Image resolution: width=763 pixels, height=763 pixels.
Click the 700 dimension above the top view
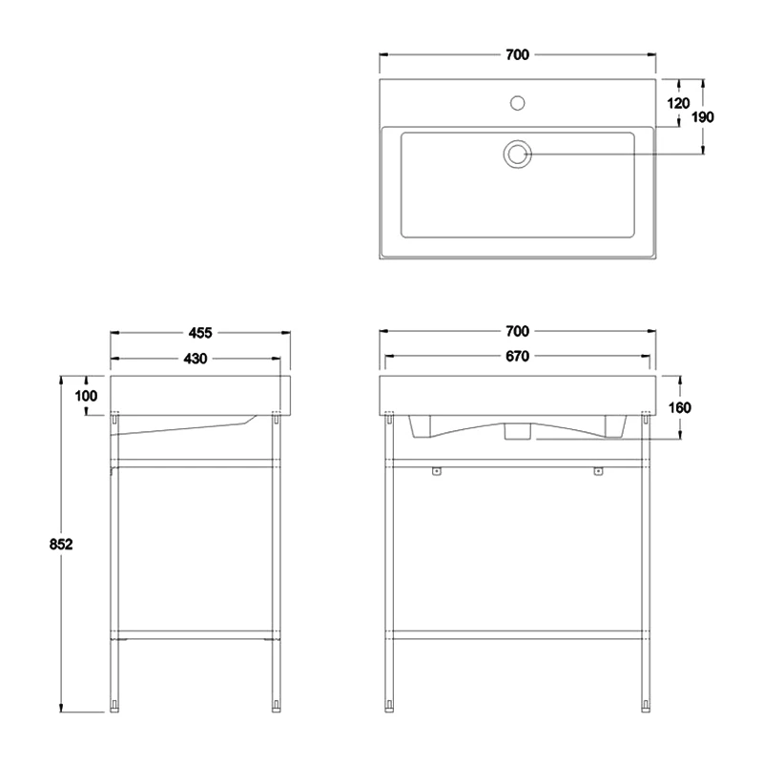(517, 55)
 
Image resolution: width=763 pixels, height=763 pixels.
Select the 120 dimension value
(678, 103)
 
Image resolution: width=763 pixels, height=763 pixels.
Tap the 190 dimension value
(703, 117)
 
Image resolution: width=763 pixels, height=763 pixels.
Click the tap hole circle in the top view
(517, 103)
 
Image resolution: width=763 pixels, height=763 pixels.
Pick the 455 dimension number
(200, 333)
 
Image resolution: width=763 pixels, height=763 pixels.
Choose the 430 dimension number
(196, 359)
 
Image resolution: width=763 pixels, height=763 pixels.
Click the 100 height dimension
(86, 396)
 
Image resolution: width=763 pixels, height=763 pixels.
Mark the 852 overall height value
(61, 544)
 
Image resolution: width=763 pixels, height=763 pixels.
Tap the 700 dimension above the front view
(517, 331)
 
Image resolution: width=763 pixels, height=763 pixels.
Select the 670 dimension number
(517, 356)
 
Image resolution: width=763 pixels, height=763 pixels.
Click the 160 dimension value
(680, 408)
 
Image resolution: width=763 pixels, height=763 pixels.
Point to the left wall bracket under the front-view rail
(437, 471)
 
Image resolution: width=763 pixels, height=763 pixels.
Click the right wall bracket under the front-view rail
(598, 471)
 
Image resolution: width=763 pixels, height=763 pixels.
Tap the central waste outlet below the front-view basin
(517, 431)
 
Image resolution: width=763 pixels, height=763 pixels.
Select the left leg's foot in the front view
(389, 706)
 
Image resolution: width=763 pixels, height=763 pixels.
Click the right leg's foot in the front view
(646, 706)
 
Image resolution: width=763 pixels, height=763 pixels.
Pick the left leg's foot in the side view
(114, 706)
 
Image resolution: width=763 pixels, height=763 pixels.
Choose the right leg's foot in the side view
(277, 706)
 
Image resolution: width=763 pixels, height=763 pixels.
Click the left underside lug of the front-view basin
(421, 426)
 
